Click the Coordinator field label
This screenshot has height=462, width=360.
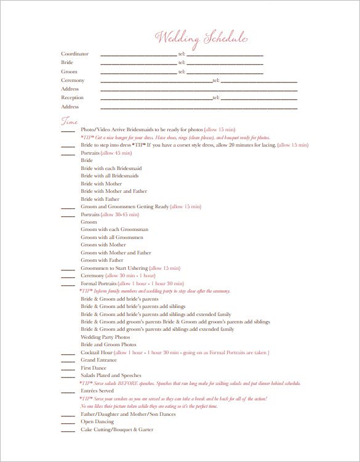click(74, 54)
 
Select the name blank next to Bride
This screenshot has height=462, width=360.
click(138, 63)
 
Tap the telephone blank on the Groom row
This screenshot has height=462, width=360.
click(225, 73)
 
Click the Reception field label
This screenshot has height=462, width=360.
click(72, 98)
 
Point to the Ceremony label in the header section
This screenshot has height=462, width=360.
click(73, 81)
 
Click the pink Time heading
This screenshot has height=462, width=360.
click(69, 119)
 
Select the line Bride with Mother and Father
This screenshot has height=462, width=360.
click(114, 192)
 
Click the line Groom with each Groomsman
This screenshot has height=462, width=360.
click(111, 230)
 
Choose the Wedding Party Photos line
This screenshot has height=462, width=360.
click(105, 338)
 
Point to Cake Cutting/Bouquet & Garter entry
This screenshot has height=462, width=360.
click(117, 429)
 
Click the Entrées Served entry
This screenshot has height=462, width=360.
click(97, 391)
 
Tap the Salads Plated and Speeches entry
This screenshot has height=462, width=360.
click(111, 376)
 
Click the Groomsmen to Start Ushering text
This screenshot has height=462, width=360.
click(113, 269)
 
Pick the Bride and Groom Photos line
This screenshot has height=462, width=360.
click(108, 345)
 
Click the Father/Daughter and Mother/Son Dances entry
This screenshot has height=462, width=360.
click(128, 415)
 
